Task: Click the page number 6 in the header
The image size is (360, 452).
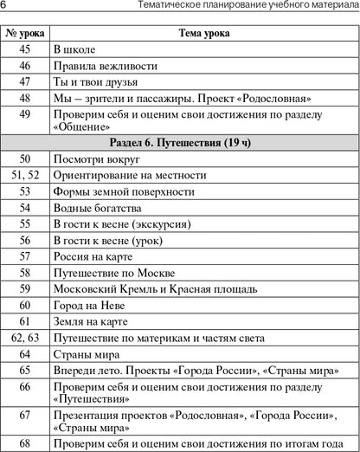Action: (5, 7)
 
